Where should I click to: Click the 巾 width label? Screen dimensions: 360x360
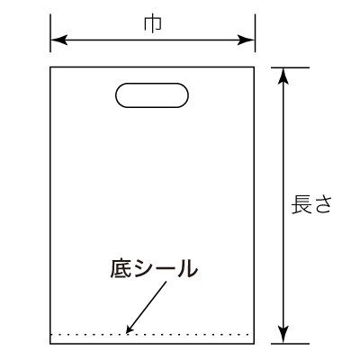click(x=153, y=24)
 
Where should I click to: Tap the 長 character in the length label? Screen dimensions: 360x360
click(x=301, y=204)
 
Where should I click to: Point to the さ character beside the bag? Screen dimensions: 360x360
click(x=321, y=205)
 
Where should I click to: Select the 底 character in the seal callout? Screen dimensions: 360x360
click(x=121, y=268)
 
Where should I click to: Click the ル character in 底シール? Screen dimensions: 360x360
click(x=186, y=268)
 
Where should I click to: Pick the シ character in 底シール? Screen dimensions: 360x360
click(x=144, y=268)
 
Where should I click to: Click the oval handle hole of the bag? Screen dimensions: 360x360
click(x=152, y=83)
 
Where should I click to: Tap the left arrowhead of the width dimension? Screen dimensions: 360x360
click(x=58, y=40)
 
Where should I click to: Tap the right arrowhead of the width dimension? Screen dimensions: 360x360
click(x=247, y=40)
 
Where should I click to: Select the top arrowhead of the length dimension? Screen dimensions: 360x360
click(x=283, y=76)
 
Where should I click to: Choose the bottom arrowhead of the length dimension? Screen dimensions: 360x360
click(x=283, y=335)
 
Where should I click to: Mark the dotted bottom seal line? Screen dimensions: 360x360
click(x=150, y=334)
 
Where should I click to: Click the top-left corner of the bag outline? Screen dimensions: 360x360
click(x=50, y=67)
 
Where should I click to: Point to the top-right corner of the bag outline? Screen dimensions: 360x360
click(x=254, y=67)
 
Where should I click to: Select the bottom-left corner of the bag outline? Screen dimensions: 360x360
click(x=50, y=344)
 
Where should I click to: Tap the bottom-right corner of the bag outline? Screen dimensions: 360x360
click(x=254, y=344)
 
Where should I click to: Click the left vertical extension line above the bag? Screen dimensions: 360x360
click(x=50, y=33)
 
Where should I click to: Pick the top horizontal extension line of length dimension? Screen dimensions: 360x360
click(x=290, y=67)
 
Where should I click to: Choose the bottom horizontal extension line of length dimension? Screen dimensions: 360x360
click(x=290, y=344)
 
